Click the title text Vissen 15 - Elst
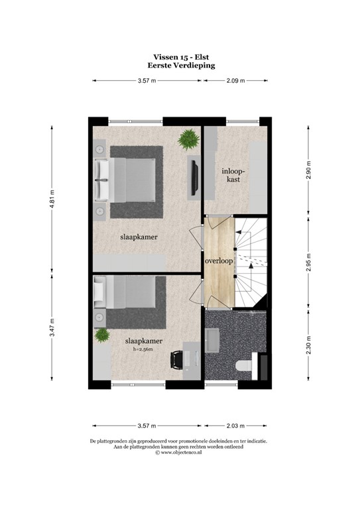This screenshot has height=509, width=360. click(x=181, y=58)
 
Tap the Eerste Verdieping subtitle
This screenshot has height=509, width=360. click(x=181, y=66)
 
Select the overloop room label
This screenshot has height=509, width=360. click(x=219, y=260)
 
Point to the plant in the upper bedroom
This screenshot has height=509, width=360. click(x=189, y=139)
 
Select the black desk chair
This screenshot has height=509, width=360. click(x=177, y=360)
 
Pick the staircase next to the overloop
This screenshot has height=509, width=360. click(x=253, y=264)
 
